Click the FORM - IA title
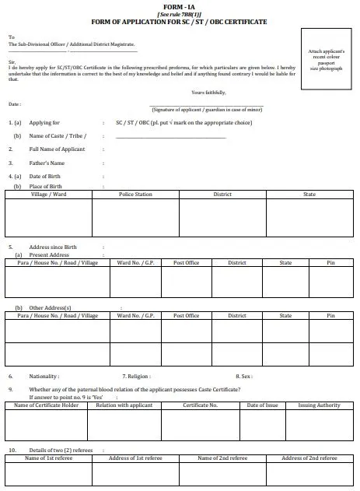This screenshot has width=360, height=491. pyautogui.click(x=179, y=5)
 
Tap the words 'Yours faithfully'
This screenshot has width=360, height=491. pyautogui.click(x=208, y=93)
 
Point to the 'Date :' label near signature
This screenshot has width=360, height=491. pyautogui.click(x=15, y=103)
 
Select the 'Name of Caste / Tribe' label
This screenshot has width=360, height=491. pyautogui.click(x=57, y=135)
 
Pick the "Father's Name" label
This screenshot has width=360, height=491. pyautogui.click(x=47, y=163)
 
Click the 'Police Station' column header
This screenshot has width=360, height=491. pyautogui.click(x=135, y=194)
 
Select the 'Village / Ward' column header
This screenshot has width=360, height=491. pyautogui.click(x=48, y=194)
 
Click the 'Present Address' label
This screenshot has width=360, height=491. pyautogui.click(x=49, y=255)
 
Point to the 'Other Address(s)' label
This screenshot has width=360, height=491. pyautogui.click(x=51, y=308)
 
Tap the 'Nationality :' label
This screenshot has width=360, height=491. pyautogui.click(x=44, y=376)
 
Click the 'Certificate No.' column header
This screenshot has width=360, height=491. pyautogui.click(x=200, y=405)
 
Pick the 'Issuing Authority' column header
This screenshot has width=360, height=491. pyautogui.click(x=319, y=405)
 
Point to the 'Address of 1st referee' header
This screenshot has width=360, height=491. pyautogui.click(x=135, y=458)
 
